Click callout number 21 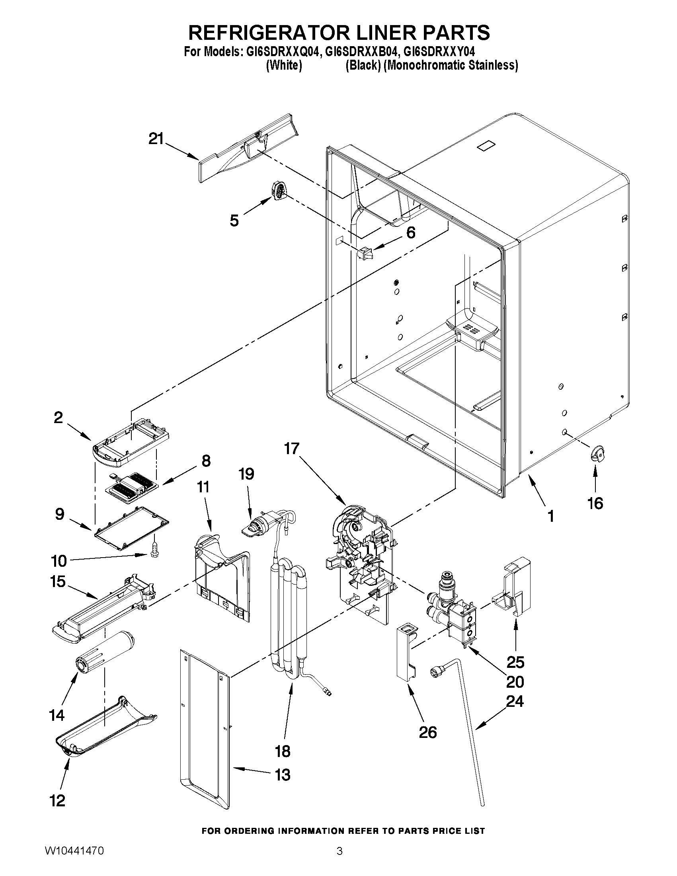[x=156, y=139]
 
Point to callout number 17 [x=292, y=448]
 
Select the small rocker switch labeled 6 [x=365, y=254]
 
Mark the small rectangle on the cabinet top [x=486, y=146]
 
